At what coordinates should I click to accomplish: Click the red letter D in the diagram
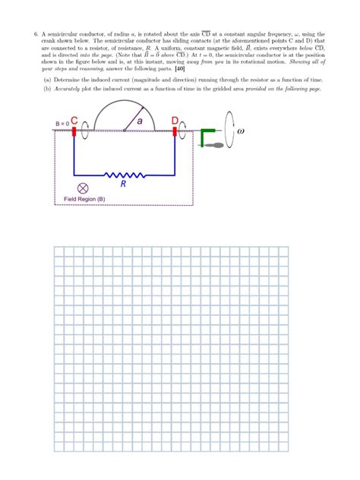(x=175, y=121)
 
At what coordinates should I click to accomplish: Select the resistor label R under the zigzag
(x=123, y=184)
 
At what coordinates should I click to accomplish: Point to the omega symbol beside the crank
(x=242, y=131)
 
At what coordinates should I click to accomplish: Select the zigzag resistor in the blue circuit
(x=122, y=173)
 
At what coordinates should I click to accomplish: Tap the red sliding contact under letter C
(x=74, y=133)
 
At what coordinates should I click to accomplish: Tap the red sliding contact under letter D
(x=175, y=133)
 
